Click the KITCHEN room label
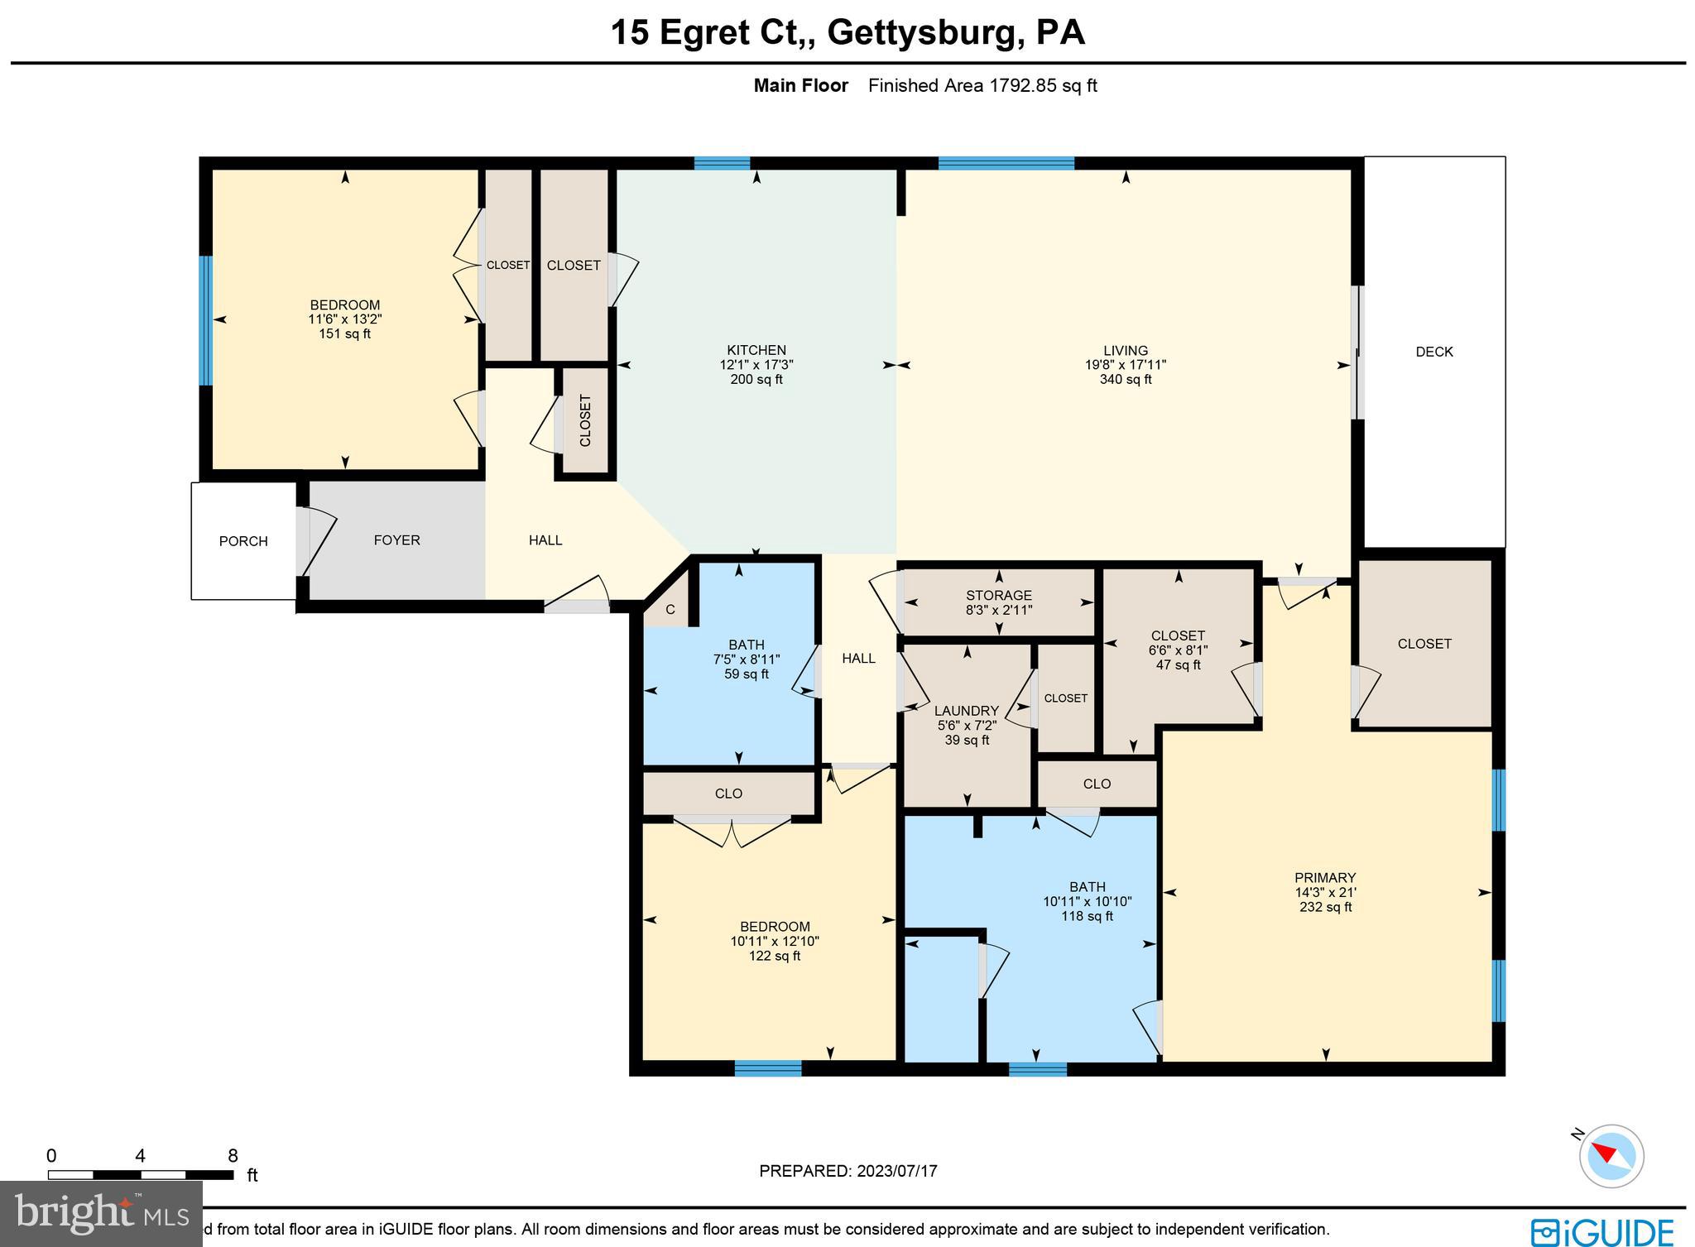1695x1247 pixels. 756,350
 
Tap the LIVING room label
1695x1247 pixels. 1125,350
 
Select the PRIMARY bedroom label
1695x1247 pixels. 1325,878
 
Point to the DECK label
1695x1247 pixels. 1433,352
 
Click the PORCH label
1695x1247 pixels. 243,541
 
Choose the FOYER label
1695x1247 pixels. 396,540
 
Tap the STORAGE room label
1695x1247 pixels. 998,596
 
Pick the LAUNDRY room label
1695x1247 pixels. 966,711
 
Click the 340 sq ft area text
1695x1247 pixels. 1125,380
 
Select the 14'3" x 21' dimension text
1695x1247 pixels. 1325,893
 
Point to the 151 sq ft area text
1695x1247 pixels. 344,334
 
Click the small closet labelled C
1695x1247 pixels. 670,610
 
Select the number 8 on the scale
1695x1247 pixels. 233,1156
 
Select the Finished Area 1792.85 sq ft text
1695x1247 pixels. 982,85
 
